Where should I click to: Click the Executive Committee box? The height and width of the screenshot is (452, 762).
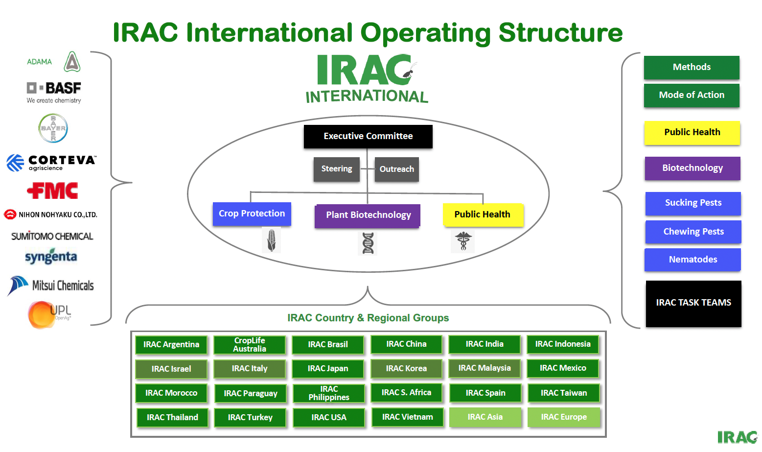(368, 136)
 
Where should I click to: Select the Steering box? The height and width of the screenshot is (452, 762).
(337, 169)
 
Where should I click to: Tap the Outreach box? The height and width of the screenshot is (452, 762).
(396, 169)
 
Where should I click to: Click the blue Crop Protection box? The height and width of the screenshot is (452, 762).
(252, 214)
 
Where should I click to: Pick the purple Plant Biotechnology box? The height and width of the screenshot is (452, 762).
(368, 215)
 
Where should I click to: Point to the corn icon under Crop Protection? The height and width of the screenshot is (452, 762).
(271, 240)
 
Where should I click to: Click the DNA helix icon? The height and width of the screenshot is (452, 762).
(368, 243)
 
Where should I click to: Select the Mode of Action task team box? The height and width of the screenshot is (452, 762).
(692, 95)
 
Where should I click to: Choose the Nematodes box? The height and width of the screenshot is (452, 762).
(693, 260)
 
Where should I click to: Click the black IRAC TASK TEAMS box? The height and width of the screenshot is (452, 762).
(693, 303)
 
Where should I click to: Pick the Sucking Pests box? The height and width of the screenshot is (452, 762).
(693, 203)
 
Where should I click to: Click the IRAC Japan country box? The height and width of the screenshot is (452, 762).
(328, 369)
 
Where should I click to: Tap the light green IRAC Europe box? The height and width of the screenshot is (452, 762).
(564, 417)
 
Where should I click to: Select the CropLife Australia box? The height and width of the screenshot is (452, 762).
(250, 345)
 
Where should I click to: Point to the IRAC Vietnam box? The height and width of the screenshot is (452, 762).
(407, 417)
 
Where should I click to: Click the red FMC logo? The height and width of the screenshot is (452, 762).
(52, 190)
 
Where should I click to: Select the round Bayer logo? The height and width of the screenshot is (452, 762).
(53, 128)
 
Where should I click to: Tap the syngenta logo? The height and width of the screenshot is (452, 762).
(51, 257)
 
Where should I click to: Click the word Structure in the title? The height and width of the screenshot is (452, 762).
(560, 33)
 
